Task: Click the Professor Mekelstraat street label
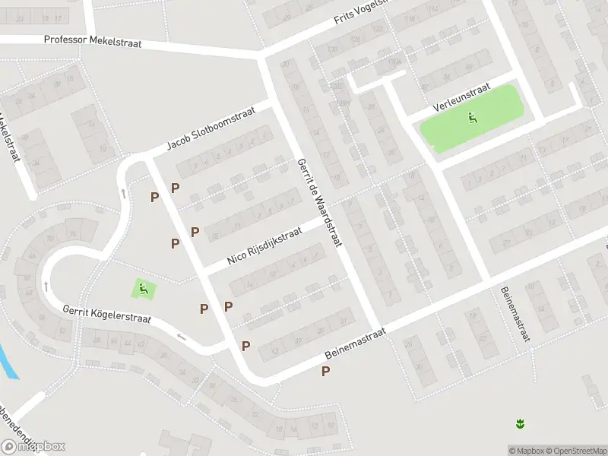tap(93, 43)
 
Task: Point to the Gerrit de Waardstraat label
tap(320, 202)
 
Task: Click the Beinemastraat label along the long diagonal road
tap(355, 344)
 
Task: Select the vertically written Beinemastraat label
tap(515, 313)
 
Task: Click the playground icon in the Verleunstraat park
tap(473, 118)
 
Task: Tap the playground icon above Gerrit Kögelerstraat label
tap(144, 289)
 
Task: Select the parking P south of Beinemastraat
tap(326, 371)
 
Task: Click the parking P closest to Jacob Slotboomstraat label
tap(175, 188)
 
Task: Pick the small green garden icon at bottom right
tap(520, 423)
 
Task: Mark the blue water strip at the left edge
tap(8, 361)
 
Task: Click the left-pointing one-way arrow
tap(181, 335)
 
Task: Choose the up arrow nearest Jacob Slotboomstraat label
tap(123, 193)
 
